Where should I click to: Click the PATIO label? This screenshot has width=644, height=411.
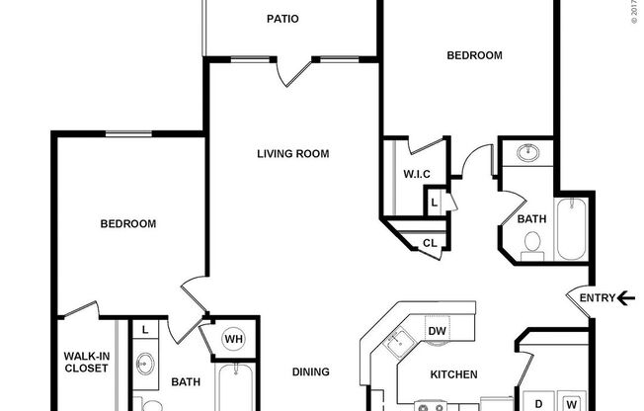(x=282, y=19)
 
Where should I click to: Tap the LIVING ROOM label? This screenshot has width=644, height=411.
(x=292, y=154)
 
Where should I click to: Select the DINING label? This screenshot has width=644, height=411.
(x=311, y=372)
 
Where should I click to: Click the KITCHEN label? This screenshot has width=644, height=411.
(x=454, y=375)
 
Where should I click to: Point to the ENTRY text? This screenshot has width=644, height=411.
(x=597, y=297)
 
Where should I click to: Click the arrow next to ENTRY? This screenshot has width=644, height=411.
(x=626, y=297)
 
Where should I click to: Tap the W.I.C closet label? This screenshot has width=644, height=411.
(x=415, y=176)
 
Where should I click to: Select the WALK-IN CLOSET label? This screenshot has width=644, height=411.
(x=86, y=362)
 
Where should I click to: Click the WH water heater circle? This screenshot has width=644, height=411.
(x=233, y=338)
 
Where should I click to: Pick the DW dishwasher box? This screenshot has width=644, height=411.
(x=437, y=331)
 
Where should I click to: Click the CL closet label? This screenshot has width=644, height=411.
(x=430, y=243)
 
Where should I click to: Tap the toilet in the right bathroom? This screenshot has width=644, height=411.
(x=532, y=243)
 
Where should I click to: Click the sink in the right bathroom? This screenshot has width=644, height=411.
(x=527, y=154)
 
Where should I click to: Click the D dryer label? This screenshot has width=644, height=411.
(x=539, y=403)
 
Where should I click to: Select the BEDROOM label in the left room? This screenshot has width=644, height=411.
(x=128, y=224)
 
